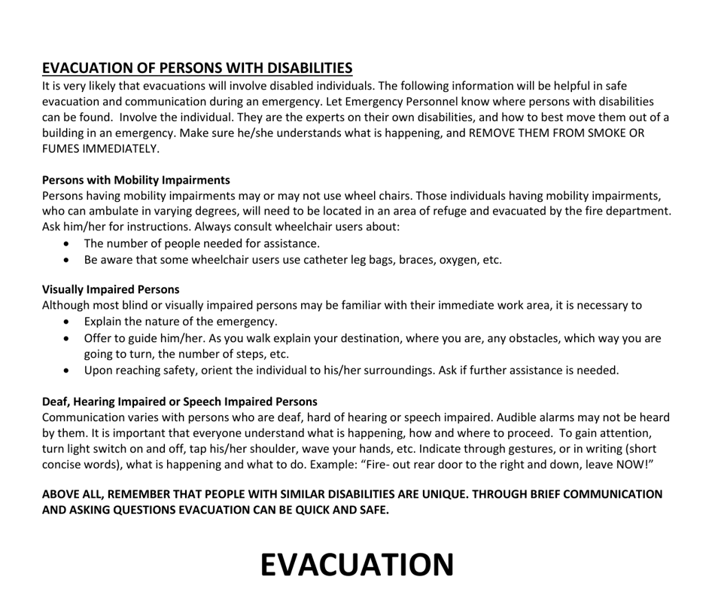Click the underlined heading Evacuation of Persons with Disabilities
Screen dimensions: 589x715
(x=197, y=68)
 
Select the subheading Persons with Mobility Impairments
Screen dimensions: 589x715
(x=135, y=180)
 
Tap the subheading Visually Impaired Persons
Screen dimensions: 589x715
(x=111, y=289)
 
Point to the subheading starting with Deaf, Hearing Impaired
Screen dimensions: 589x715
(x=179, y=401)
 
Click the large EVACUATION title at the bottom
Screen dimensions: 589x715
(x=357, y=564)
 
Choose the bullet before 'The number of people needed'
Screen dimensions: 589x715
(x=69, y=244)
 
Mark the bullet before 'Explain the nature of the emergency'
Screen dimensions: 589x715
(x=69, y=322)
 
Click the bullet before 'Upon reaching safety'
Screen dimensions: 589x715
(x=69, y=371)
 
